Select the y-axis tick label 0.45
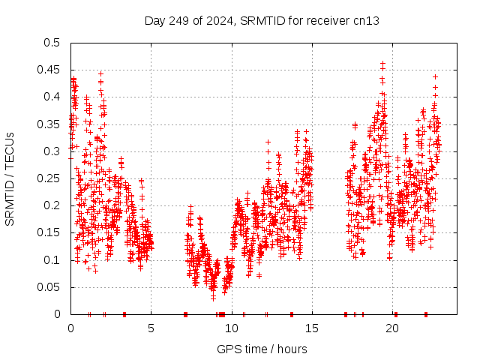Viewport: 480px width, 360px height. (x=51, y=70)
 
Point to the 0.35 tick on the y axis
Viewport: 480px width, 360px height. (x=51, y=124)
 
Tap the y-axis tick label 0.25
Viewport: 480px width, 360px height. (x=51, y=178)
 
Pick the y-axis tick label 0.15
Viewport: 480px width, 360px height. (x=51, y=232)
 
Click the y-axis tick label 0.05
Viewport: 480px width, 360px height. (x=51, y=287)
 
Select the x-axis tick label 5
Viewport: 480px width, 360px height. (x=151, y=328)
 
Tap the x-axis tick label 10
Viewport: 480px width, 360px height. (x=232, y=328)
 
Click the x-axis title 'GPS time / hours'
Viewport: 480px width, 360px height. (x=262, y=349)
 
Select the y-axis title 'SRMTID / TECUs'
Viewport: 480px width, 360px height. (x=10, y=178)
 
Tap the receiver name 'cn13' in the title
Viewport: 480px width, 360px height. (x=366, y=21)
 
